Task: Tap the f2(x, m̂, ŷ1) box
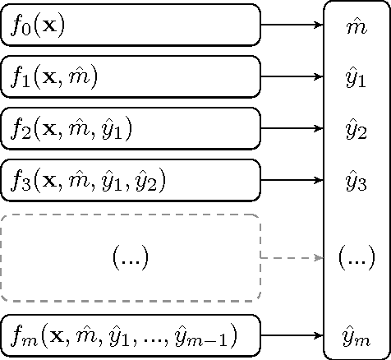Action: [x=131, y=129]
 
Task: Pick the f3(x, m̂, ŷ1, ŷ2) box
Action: [x=131, y=180]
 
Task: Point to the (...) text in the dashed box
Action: [x=130, y=258]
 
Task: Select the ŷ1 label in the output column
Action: [x=356, y=78]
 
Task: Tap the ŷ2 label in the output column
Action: [x=356, y=130]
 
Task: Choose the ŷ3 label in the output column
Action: [x=356, y=182]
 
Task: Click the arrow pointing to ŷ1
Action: [x=292, y=77]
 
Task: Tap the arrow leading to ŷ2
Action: [x=292, y=129]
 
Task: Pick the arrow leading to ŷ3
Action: [x=292, y=180]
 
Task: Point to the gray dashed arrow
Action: [x=292, y=258]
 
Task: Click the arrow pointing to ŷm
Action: [x=292, y=335]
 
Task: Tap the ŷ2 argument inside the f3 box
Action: [x=154, y=182]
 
